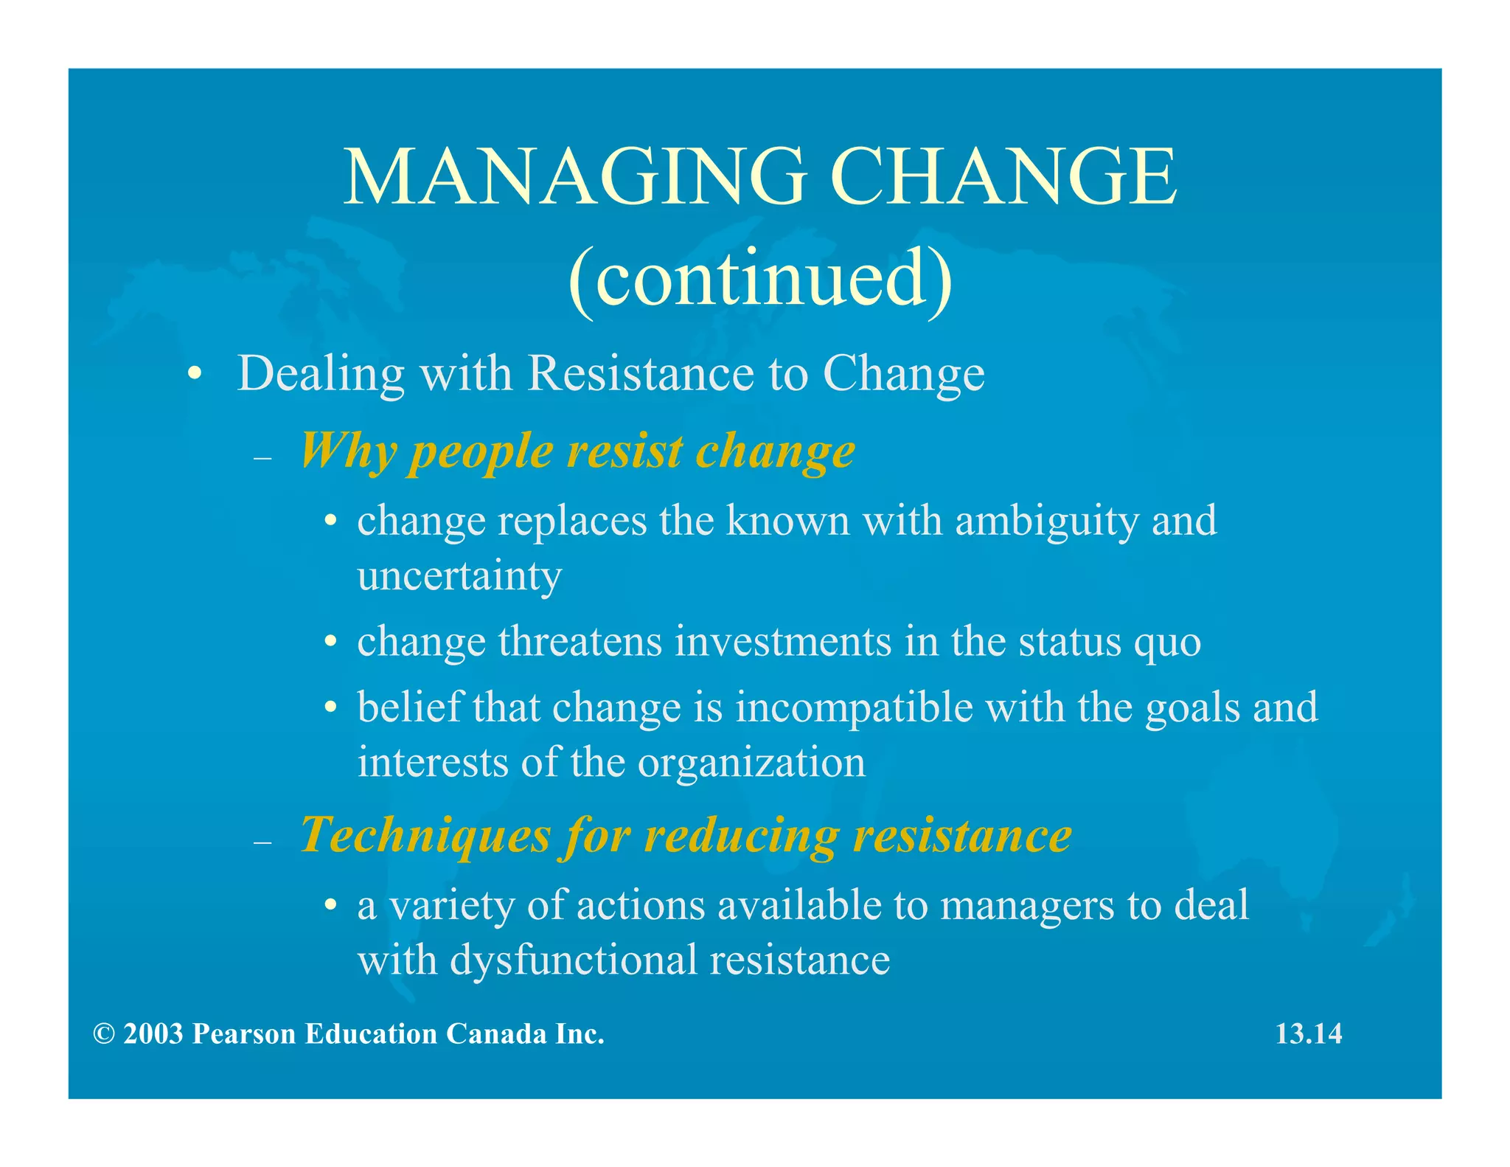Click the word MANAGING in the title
575,177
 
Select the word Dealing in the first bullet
321,374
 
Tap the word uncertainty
459,576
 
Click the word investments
783,641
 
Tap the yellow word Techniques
425,837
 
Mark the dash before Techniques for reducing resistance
262,842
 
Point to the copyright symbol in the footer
104,1034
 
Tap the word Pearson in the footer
244,1034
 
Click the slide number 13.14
1309,1034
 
